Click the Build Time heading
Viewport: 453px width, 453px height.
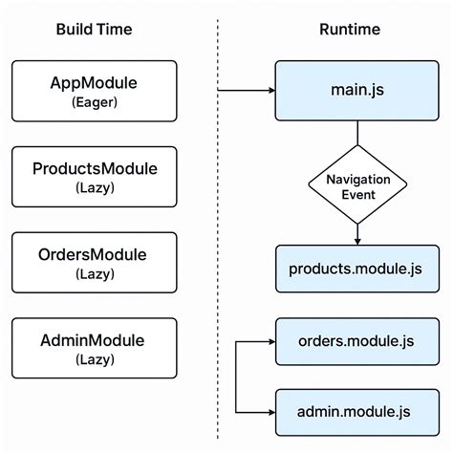pyautogui.click(x=94, y=30)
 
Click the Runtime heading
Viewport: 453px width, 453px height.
pyautogui.click(x=349, y=30)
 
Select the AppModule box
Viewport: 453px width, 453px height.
pyautogui.click(x=94, y=92)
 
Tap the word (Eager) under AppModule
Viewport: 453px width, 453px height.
pyautogui.click(x=94, y=103)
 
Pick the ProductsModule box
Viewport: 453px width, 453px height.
pyautogui.click(x=94, y=178)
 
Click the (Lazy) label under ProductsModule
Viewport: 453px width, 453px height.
pyautogui.click(x=94, y=189)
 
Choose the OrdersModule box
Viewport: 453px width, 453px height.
pyautogui.click(x=94, y=264)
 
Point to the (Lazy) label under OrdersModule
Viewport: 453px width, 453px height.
pyautogui.click(x=94, y=275)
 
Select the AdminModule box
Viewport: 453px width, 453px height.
pyautogui.click(x=94, y=350)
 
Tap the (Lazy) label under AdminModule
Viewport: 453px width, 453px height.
pyautogui.click(x=94, y=361)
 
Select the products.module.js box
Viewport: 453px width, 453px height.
pyautogui.click(x=356, y=269)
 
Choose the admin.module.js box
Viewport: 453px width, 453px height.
pyautogui.click(x=356, y=412)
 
